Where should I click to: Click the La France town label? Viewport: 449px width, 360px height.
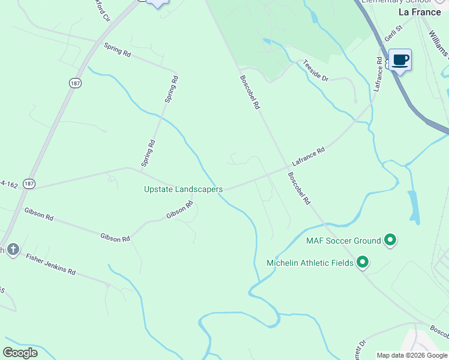click(x=420, y=12)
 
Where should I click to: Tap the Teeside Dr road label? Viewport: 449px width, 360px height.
click(x=316, y=70)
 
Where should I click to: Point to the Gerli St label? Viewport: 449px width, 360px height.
click(x=393, y=37)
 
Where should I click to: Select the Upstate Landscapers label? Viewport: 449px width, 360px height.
click(x=183, y=189)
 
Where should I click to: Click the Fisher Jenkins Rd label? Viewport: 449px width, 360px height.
click(x=50, y=263)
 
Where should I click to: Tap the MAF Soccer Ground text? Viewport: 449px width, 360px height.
click(x=343, y=241)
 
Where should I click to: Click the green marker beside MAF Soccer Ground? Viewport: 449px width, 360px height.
click(x=390, y=241)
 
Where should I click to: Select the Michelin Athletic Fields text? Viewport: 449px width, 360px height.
click(x=310, y=263)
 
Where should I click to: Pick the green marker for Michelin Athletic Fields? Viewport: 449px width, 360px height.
click(x=363, y=262)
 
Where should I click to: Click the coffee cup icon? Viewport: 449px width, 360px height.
click(x=400, y=60)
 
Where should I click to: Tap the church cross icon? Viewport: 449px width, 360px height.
click(x=13, y=250)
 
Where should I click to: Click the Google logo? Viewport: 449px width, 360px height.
click(x=20, y=353)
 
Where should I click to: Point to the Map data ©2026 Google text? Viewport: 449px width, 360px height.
click(x=412, y=355)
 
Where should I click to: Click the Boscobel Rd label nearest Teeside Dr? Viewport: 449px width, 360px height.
click(x=249, y=91)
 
